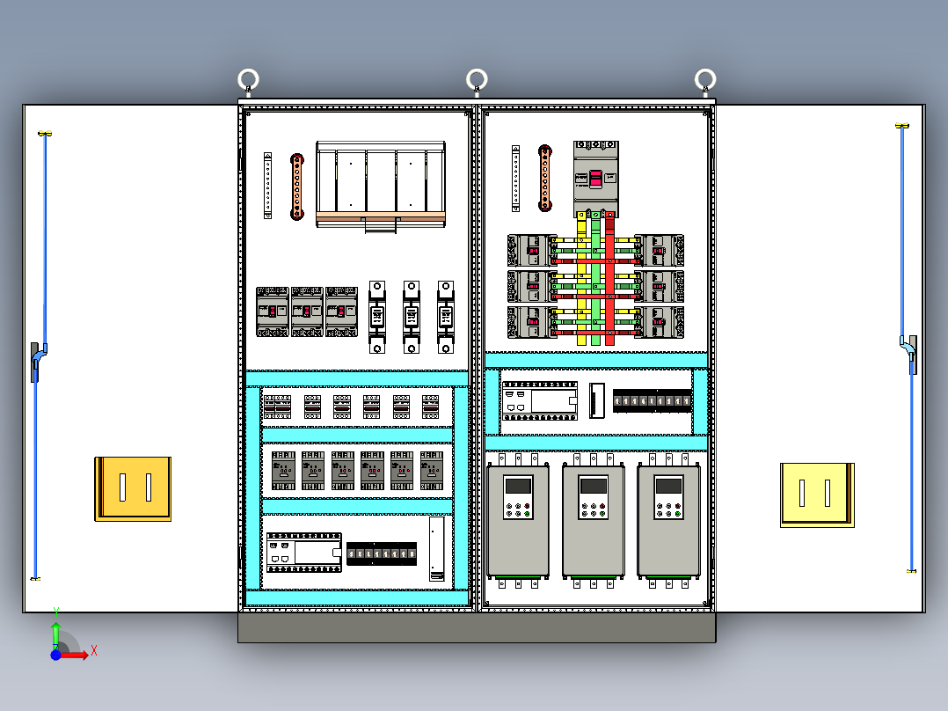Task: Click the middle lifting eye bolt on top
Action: point(477,81)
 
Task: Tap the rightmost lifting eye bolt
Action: point(704,81)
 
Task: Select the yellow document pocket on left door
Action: point(133,488)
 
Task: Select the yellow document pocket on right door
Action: point(817,495)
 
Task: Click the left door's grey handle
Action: point(35,362)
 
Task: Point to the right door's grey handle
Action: point(912,355)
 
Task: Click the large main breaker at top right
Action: point(595,179)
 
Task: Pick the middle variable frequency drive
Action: point(594,521)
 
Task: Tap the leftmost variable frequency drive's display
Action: point(518,486)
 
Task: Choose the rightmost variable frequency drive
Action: point(668,521)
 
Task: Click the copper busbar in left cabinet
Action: point(297,187)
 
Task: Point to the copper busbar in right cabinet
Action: point(545,180)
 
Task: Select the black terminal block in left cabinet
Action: point(382,553)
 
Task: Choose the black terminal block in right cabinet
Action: point(652,401)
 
